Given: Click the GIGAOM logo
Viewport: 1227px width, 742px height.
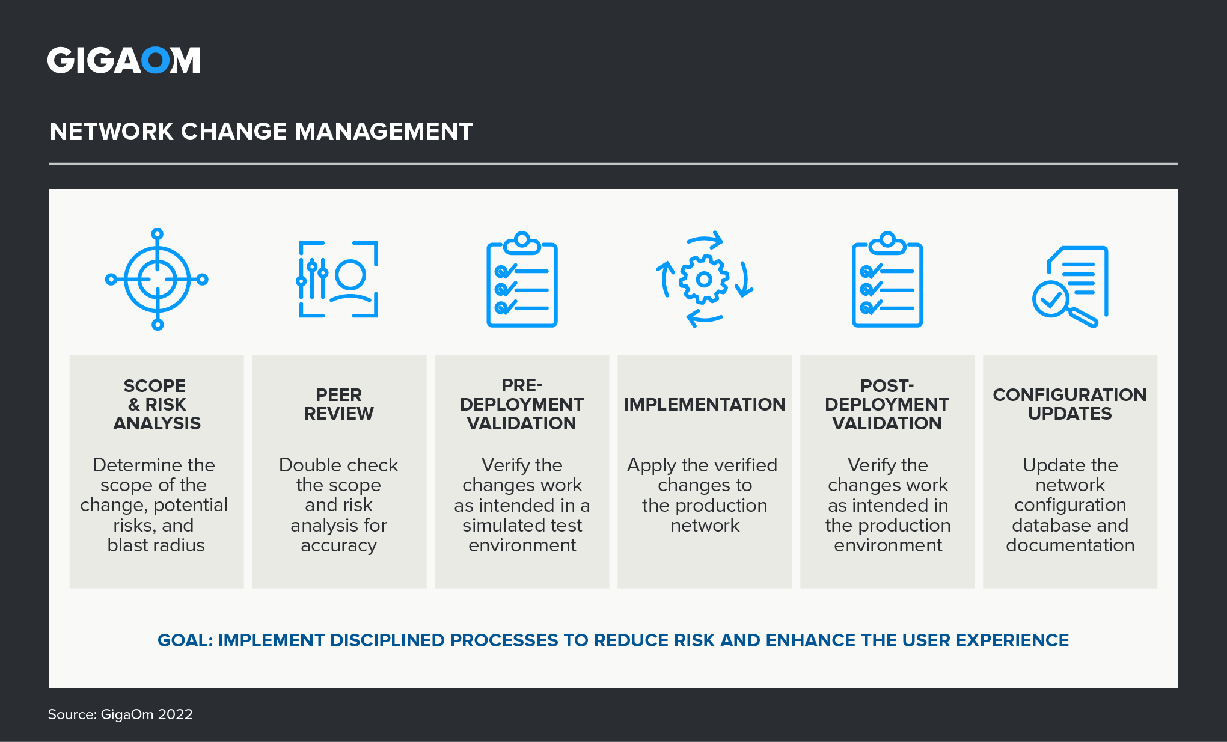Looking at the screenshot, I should (x=124, y=60).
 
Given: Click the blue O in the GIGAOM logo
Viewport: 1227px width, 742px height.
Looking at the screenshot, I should (x=155, y=60).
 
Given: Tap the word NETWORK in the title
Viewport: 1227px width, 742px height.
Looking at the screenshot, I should (x=111, y=132).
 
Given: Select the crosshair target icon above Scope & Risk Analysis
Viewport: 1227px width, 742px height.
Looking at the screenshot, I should (x=157, y=279).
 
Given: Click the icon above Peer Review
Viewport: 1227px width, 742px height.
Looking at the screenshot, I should (x=338, y=279).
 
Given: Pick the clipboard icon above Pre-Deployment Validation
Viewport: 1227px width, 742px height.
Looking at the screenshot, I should (x=522, y=280).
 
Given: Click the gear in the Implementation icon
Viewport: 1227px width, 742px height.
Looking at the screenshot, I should (x=704, y=279).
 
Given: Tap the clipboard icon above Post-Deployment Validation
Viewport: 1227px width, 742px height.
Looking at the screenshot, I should (x=887, y=280).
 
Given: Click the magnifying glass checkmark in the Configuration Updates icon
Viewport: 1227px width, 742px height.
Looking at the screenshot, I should (x=1050, y=299).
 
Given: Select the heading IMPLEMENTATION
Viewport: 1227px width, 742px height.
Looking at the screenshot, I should (x=704, y=405).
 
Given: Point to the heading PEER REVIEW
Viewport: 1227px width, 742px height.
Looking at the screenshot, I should (x=338, y=404).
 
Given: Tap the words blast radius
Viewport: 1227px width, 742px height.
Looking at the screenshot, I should (x=156, y=545).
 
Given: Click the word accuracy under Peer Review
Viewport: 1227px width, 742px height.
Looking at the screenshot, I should (x=338, y=545).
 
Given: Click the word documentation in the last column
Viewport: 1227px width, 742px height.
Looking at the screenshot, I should (x=1070, y=545).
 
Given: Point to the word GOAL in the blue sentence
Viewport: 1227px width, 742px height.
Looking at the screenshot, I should (x=184, y=640).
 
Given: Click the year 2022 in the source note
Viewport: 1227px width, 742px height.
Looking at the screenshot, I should (x=175, y=714).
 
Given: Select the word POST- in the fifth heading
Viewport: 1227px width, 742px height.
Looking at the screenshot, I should (x=887, y=385).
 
